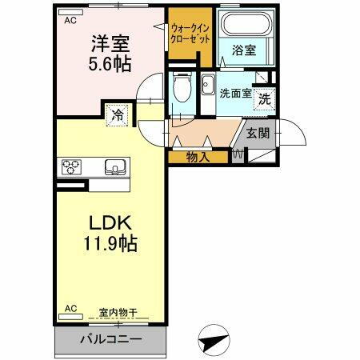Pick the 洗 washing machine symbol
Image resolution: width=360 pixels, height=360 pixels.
pos(264,102)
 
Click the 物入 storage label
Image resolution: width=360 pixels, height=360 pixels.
pos(198,158)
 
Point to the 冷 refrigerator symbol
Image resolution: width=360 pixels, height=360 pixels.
pos(116,114)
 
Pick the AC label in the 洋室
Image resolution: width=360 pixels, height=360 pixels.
pos(70,22)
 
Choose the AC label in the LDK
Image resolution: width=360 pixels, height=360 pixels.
pos(70,307)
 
